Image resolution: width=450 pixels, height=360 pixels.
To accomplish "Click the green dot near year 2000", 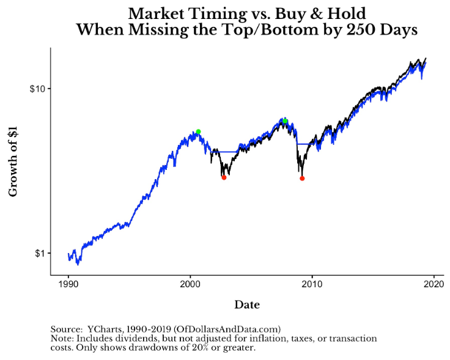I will pyautogui.click(x=198, y=131).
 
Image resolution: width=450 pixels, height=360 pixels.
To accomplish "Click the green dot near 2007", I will pyautogui.click(x=285, y=121).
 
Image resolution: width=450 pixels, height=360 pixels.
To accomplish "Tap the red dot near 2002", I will pyautogui.click(x=224, y=177).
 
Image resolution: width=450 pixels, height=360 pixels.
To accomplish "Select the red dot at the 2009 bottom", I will pyautogui.click(x=302, y=178).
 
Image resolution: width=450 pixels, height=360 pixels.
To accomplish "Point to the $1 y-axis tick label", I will pyautogui.click(x=40, y=253).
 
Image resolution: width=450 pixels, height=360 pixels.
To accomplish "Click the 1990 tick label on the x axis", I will pyautogui.click(x=68, y=285).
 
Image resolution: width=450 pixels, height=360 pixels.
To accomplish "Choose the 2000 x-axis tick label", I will pyautogui.click(x=190, y=285).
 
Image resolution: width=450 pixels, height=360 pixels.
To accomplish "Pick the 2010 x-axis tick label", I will pyautogui.click(x=312, y=285).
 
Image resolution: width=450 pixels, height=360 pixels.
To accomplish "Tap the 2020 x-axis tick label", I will pyautogui.click(x=433, y=285).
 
